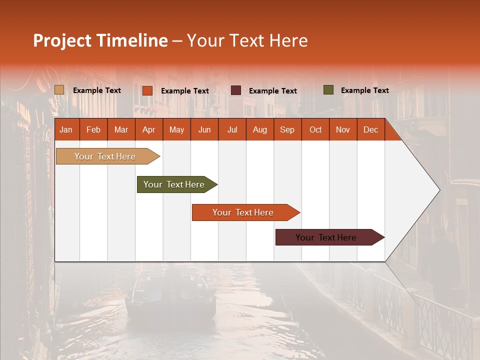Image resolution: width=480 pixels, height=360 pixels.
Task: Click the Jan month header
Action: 66,129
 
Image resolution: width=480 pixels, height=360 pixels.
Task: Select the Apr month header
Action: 148,129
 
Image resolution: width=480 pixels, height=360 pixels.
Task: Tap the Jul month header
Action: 232,129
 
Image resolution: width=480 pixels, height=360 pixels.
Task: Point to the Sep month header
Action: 287,129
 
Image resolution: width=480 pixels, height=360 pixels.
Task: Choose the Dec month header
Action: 370,129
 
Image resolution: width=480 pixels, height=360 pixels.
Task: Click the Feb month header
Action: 93,129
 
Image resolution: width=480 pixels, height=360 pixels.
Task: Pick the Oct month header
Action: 315,129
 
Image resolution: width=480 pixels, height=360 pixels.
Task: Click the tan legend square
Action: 59,90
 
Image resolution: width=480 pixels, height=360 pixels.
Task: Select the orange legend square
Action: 147,90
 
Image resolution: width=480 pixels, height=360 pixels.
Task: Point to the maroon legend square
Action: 235,90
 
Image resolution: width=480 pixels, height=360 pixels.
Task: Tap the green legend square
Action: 328,90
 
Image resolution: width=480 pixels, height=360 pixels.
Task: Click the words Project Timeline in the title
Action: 100,40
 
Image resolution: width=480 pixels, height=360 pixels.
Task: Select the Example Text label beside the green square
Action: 364,90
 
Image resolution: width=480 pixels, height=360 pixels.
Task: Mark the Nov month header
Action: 343,129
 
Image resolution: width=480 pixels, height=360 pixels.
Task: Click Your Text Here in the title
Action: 247,40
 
